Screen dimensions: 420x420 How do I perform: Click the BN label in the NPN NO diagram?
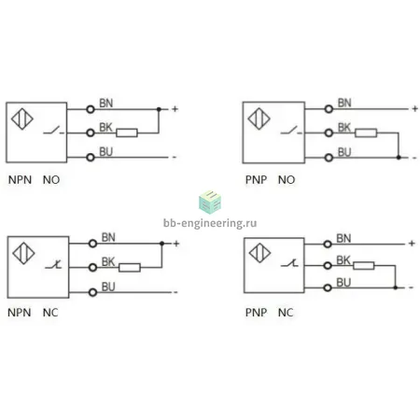coord(105,103)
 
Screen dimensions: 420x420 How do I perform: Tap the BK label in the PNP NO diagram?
coord(344,127)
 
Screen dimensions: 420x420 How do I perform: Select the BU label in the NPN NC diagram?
coord(108,287)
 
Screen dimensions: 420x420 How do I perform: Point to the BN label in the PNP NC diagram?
coord(343,238)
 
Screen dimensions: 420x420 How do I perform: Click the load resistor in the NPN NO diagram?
coord(127,133)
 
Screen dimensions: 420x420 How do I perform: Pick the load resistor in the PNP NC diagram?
coord(364,265)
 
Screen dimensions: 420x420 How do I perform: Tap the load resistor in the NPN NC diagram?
coord(130,267)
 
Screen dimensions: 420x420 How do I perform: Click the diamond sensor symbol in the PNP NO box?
coord(259,119)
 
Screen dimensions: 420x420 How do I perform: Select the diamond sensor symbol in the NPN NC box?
coord(23,253)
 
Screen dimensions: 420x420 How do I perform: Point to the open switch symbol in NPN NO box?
coord(53,130)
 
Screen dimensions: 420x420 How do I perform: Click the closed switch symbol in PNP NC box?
coord(289,263)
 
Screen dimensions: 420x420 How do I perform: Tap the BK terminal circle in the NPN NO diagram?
coord(91,133)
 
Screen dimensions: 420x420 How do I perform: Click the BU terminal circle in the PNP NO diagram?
coord(329,158)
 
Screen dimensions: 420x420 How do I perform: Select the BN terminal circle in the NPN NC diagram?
coord(92,244)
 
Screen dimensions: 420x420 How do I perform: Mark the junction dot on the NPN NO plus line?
coord(159,109)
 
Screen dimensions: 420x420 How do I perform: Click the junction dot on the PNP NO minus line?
coord(399,158)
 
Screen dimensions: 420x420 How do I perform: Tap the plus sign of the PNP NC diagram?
coord(412,243)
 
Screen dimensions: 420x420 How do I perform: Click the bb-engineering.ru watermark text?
coord(210,223)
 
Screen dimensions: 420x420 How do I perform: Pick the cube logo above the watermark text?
coord(210,203)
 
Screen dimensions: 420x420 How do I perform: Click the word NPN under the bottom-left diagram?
coord(20,313)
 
